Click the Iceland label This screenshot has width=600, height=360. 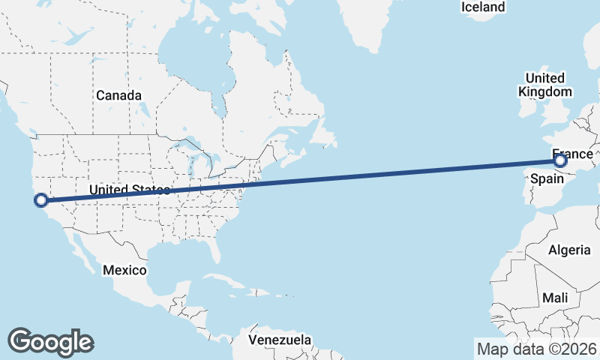pos(483,7)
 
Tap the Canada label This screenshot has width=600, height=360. pos(118,96)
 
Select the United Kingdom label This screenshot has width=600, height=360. pos(545,85)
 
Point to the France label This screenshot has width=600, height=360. pos(572,154)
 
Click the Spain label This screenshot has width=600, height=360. pos(546,179)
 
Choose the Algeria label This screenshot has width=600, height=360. pos(570,250)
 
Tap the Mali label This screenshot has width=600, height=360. pos(556,298)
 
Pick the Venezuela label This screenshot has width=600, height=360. pos(280,340)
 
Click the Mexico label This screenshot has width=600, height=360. pos(125,269)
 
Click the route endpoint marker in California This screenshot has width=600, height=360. pos(41,200)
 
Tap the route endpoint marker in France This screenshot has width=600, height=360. pos(559,160)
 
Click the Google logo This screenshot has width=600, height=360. pos(51,342)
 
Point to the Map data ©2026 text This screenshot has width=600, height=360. pos(536,349)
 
